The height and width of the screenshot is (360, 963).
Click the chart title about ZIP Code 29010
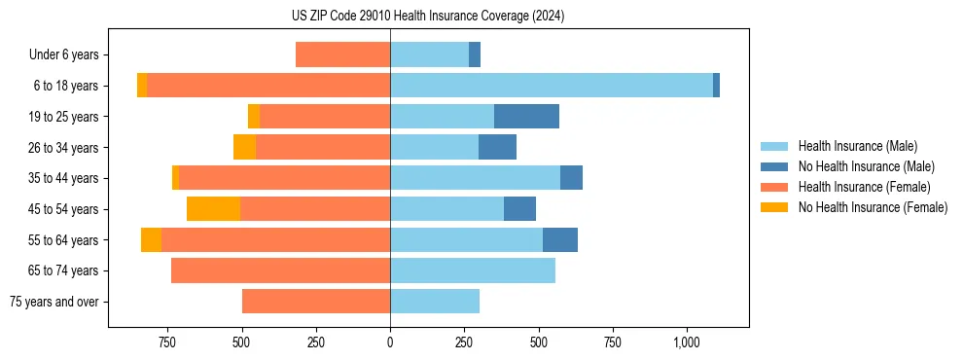coord(428,17)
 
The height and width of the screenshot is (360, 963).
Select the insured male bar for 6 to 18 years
coord(552,86)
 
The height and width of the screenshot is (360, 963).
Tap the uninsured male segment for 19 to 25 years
coord(526,117)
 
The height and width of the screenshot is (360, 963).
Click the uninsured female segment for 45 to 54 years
coord(213,209)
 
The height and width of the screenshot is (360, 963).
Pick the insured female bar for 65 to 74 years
coord(280,270)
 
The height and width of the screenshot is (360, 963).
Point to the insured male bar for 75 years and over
coord(435,302)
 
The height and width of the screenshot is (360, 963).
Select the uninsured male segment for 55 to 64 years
coord(560,240)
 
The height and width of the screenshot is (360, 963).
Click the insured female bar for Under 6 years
coord(342,55)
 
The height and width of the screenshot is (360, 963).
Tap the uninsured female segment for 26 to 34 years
coord(244,148)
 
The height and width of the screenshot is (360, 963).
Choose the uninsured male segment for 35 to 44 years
coord(571,178)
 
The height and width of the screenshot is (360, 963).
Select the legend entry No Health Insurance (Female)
coord(873,207)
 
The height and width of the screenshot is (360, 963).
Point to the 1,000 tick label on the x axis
coord(687,342)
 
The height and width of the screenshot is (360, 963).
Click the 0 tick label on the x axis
coord(390,342)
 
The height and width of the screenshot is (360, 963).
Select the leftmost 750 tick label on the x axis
coord(166,342)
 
